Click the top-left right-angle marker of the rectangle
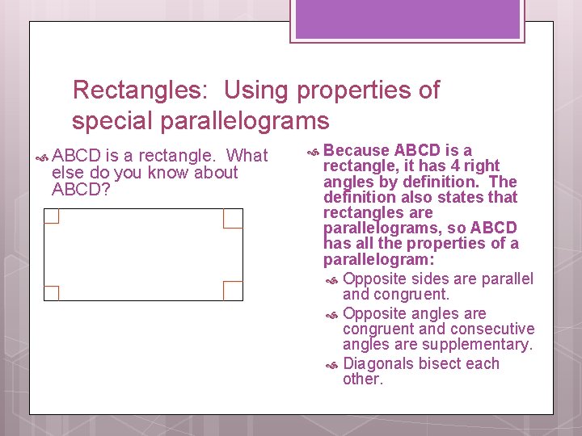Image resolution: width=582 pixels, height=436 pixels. click(x=52, y=216)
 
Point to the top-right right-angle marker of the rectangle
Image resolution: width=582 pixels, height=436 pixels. click(x=233, y=218)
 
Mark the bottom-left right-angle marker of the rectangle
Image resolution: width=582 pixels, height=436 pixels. click(x=52, y=292)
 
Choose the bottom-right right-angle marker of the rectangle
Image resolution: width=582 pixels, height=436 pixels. click(x=233, y=291)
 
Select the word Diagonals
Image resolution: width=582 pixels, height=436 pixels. click(x=379, y=363)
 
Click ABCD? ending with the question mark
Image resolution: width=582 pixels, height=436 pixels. click(x=81, y=190)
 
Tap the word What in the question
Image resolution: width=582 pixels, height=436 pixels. click(x=247, y=155)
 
